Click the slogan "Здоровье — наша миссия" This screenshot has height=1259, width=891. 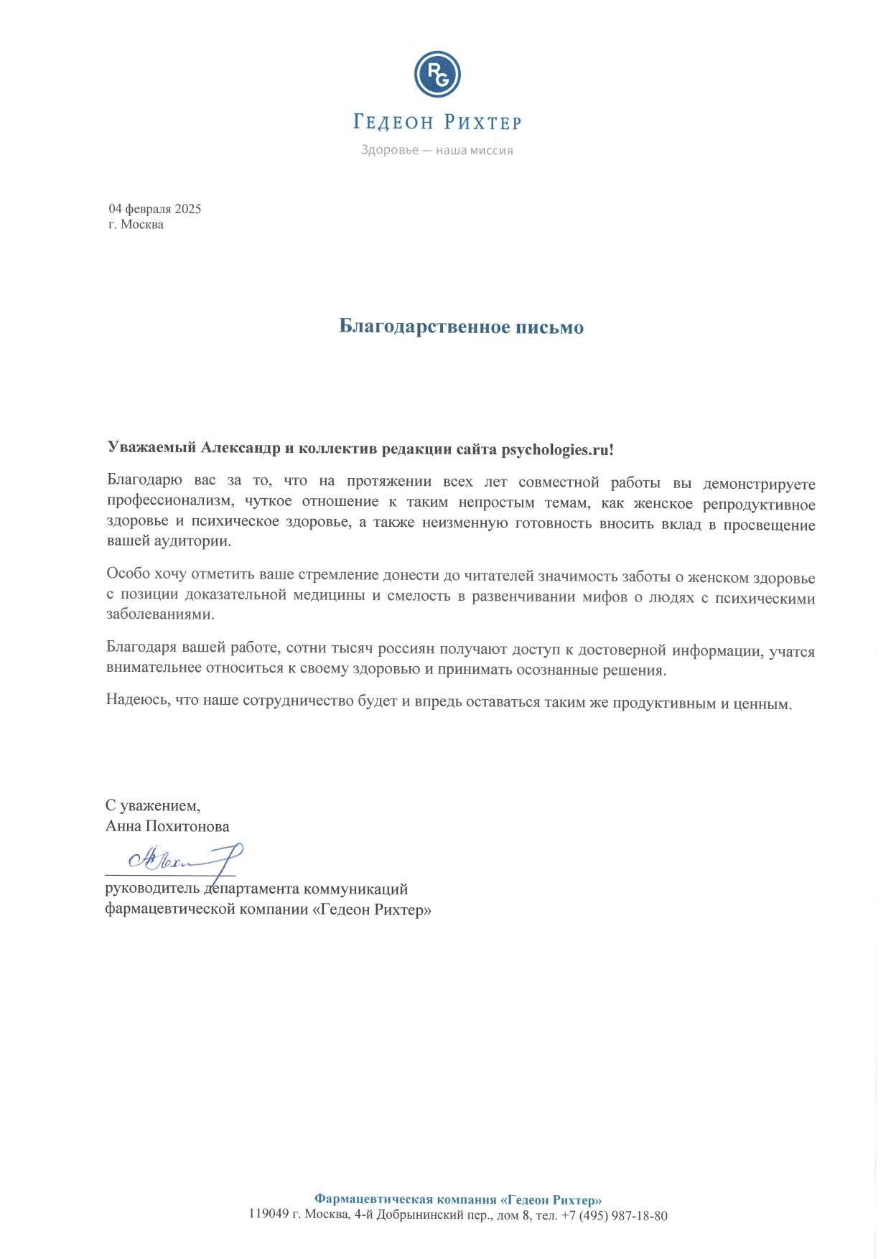click(x=437, y=151)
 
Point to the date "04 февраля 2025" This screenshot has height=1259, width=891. click(x=155, y=209)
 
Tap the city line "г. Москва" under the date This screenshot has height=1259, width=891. click(x=136, y=225)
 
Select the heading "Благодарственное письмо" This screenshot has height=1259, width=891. click(x=461, y=327)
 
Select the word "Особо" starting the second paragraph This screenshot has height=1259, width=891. click(x=126, y=576)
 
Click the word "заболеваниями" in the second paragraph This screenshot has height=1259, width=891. click(x=160, y=614)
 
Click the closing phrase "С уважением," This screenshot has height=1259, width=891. click(x=153, y=805)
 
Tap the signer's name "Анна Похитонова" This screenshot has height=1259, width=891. click(x=167, y=826)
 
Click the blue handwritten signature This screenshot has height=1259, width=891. click(x=183, y=858)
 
